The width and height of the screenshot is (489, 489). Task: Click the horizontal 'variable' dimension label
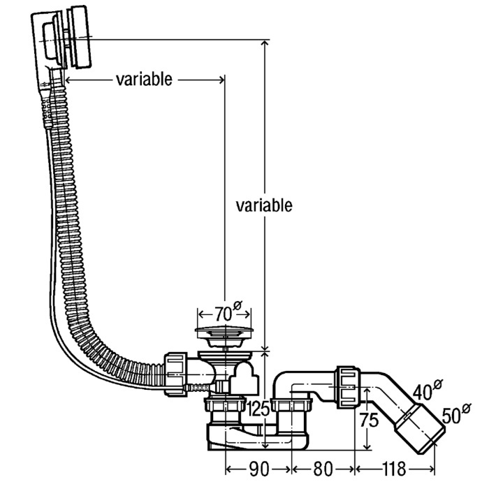click(x=144, y=80)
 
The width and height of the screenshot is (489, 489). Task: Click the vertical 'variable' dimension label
click(x=264, y=205)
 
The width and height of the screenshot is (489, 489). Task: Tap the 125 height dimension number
click(x=258, y=409)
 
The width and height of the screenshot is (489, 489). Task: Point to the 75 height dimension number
click(x=369, y=420)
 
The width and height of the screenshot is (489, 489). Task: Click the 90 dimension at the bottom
click(x=258, y=469)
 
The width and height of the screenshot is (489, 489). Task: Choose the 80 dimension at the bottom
click(x=323, y=469)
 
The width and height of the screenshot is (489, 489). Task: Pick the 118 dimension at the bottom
click(x=394, y=469)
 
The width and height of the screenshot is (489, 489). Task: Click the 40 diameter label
click(x=428, y=389)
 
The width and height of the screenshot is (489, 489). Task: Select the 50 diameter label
click(x=456, y=414)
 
